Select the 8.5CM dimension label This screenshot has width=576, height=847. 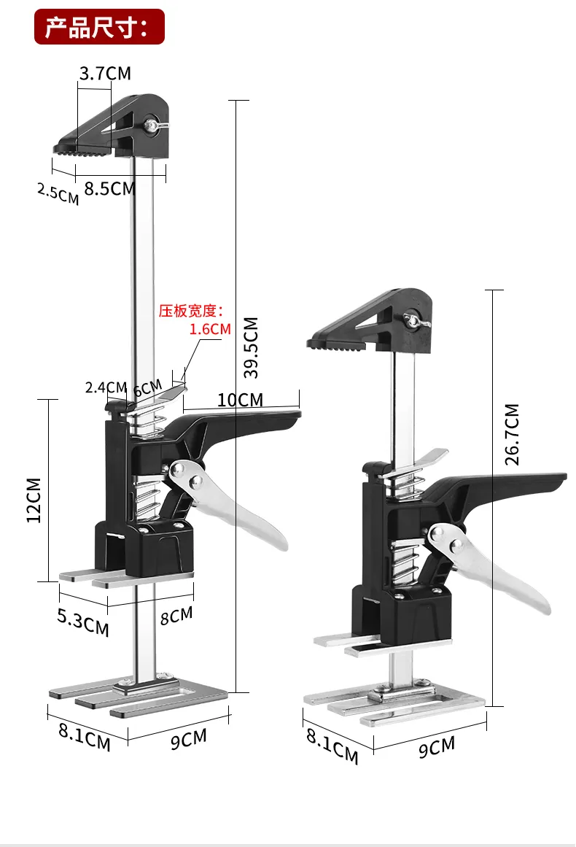(x=109, y=188)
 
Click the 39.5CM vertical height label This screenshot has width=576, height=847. (x=251, y=347)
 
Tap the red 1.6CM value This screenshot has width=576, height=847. (x=210, y=329)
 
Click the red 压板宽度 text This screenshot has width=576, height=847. (x=195, y=312)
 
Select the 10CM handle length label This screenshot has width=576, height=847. (x=240, y=399)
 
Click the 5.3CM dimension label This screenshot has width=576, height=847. (x=83, y=622)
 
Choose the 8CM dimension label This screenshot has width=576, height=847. (x=176, y=615)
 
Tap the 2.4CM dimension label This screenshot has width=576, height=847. (x=106, y=387)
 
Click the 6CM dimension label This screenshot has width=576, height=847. (x=147, y=387)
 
